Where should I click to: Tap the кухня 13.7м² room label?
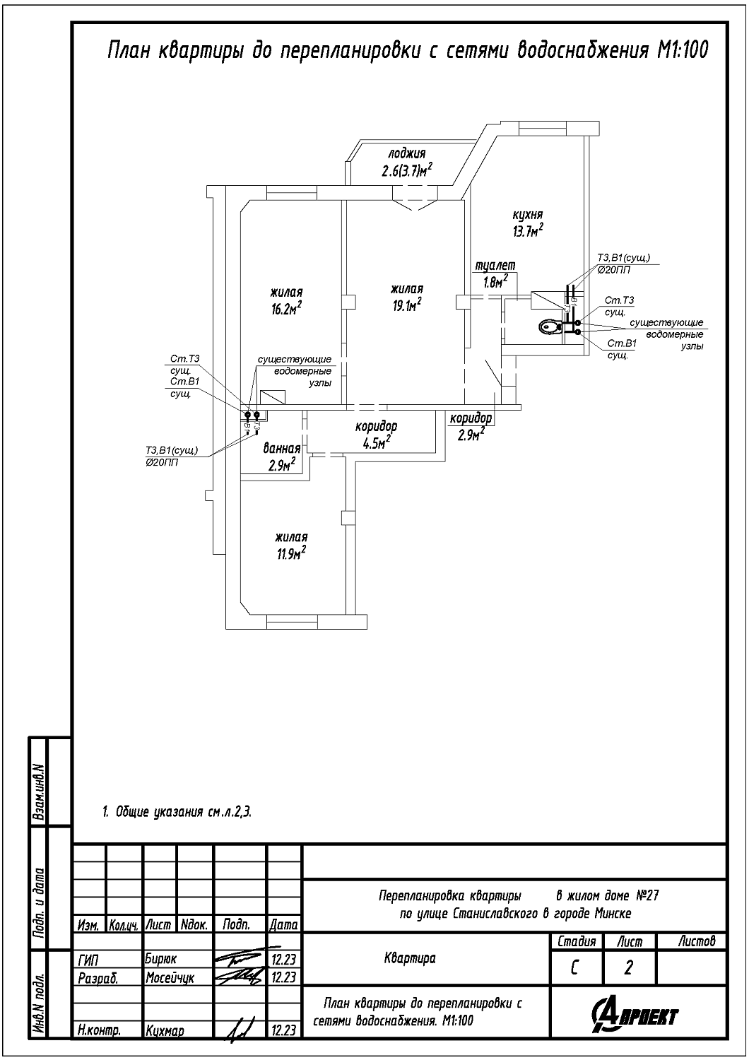pos(528,223)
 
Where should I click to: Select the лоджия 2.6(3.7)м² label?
pos(406,163)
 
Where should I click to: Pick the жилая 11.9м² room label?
pos(291,546)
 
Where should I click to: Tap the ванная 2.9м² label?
pos(281,457)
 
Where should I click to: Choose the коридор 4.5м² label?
pos(376,435)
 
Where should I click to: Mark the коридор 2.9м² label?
pos(471,427)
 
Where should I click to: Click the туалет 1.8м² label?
pos(495,274)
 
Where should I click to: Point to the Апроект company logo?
pos(637,1015)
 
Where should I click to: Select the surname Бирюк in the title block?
pos(161,960)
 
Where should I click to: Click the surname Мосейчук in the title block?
pos(170,978)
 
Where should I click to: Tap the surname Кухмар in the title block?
pos(165,1031)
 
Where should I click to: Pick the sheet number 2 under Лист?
pos(628,967)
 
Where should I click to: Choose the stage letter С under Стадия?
pos(576,967)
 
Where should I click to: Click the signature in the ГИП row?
pos(239,958)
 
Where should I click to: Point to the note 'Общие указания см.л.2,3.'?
pos(177,813)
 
